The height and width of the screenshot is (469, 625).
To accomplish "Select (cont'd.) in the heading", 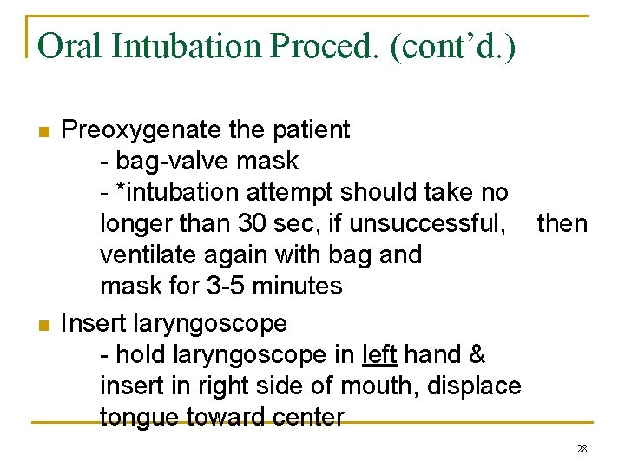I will click(x=453, y=45).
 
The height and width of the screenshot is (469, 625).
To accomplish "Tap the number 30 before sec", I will click(x=252, y=223).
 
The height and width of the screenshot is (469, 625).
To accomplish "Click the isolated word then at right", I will click(x=562, y=223).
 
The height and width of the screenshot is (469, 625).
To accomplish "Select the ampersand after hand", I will click(x=477, y=354).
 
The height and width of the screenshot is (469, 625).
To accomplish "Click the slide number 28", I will click(x=582, y=449).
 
